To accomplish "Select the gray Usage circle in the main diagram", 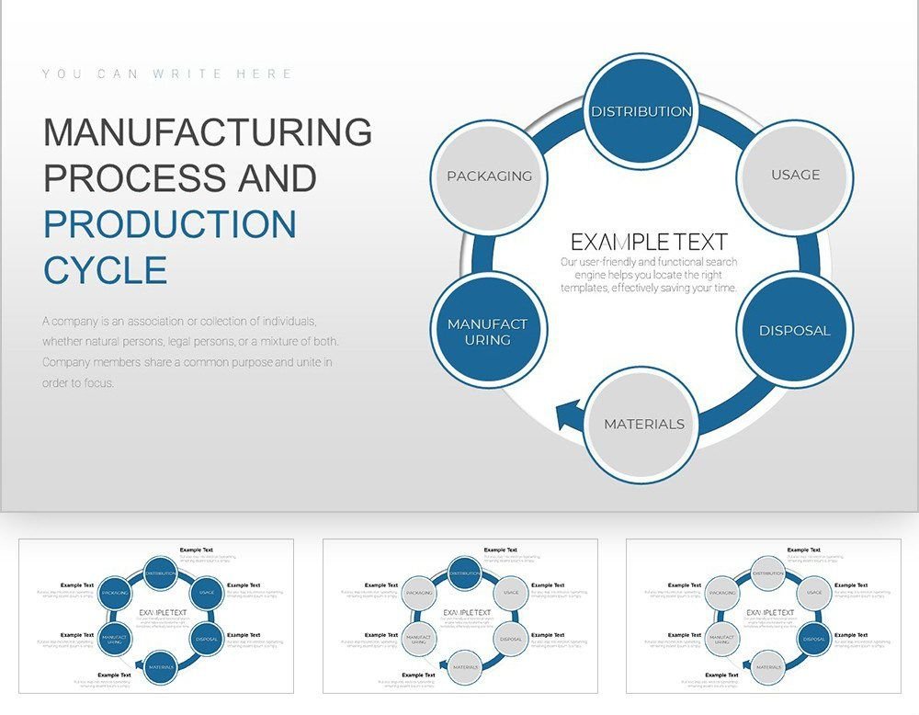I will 796,175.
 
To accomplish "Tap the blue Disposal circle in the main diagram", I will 795,330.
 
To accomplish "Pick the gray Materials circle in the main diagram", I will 643,424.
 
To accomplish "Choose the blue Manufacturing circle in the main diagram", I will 488,331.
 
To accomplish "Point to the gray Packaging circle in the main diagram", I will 489,176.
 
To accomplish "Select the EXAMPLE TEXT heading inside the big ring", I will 649,242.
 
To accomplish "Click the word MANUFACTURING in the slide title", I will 208,132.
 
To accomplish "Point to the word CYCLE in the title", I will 106,271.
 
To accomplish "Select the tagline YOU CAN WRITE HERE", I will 167,74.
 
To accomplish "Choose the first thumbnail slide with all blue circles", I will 156,616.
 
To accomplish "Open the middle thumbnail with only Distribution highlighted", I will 459,616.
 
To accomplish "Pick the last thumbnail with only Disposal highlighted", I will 763,616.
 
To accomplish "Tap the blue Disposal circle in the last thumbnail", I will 813,639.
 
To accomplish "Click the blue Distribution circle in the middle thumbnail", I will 465,573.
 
